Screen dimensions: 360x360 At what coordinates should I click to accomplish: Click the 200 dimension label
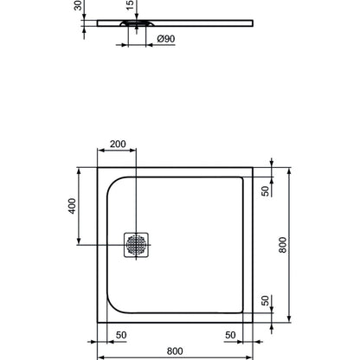[118, 144]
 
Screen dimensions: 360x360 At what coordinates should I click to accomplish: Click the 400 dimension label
[72, 206]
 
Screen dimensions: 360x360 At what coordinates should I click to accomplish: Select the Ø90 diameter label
[166, 39]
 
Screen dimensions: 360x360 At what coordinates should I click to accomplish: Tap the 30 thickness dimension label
[78, 5]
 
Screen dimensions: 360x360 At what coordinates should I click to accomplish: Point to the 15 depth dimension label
[131, 5]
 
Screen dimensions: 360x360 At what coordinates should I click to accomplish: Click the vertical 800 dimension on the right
[283, 245]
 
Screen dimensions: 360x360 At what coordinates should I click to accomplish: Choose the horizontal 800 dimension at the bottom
[175, 351]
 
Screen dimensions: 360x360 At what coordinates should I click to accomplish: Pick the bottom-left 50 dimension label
[121, 335]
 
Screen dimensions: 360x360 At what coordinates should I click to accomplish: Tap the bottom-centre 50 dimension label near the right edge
[230, 335]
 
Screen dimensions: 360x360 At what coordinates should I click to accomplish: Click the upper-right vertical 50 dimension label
[266, 191]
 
